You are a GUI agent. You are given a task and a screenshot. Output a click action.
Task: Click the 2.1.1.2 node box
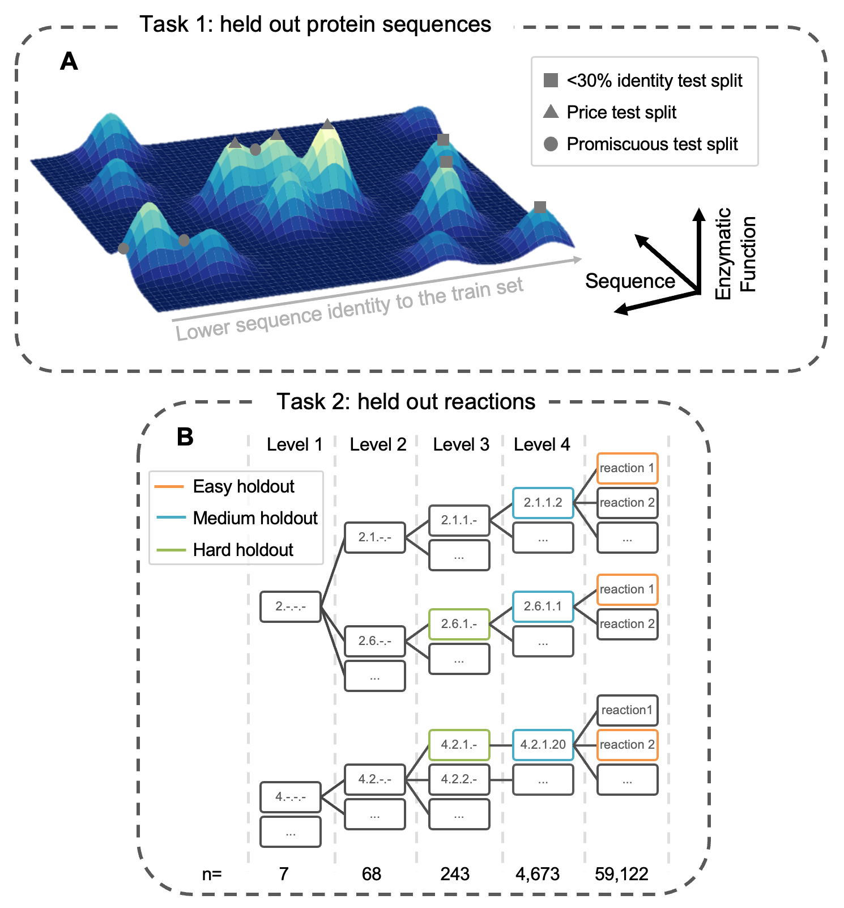coord(543,503)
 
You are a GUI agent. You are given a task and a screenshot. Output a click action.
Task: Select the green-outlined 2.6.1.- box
coord(459,624)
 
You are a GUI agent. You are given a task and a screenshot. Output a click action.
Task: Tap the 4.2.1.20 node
coord(543,745)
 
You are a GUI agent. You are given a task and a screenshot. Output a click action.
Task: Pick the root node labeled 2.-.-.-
coord(291,606)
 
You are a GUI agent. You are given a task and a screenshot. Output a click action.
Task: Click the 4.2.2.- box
coord(459,779)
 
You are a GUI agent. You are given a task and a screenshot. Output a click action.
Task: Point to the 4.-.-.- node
coord(291,797)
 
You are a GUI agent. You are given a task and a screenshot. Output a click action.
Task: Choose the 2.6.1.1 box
coord(543,606)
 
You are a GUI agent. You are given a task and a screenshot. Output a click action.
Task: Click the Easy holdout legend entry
coord(244,486)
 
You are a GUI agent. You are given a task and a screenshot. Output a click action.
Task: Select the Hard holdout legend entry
coord(243,550)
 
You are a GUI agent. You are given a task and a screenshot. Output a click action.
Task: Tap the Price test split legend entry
coord(621,112)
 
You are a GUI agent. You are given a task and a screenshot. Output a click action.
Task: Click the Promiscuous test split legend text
coord(652,144)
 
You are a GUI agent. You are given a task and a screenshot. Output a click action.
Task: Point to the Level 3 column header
coord(461,444)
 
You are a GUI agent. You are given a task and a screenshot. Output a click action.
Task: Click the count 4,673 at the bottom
coord(537,874)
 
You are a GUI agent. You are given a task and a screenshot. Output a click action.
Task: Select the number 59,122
coord(621,874)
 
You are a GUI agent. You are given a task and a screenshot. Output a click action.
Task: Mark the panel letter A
coord(69,61)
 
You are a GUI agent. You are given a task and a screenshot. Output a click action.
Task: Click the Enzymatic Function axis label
coord(735,253)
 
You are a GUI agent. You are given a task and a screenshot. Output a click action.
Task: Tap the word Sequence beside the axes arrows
coord(630,281)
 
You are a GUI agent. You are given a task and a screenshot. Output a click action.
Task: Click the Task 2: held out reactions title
coord(406,401)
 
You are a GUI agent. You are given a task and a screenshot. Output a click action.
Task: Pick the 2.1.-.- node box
coord(374,537)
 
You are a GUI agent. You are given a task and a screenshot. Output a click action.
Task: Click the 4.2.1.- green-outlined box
coord(459,745)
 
